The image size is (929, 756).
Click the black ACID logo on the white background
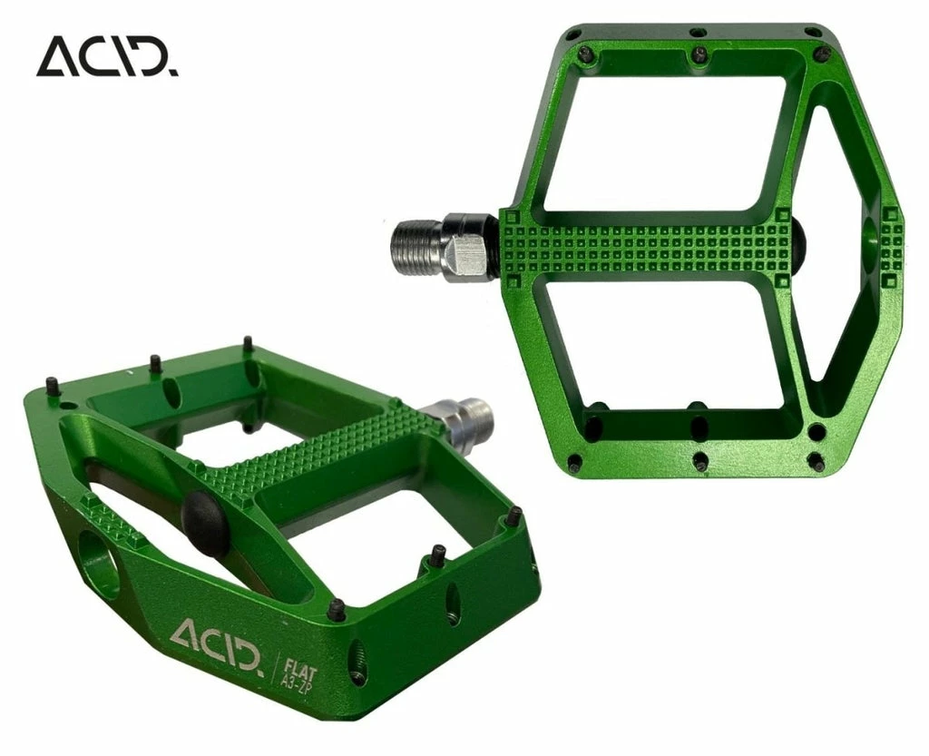[107, 56]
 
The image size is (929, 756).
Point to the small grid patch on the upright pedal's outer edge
[890, 241]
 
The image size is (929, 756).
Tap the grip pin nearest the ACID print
[337, 610]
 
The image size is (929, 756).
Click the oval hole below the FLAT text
[356, 663]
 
